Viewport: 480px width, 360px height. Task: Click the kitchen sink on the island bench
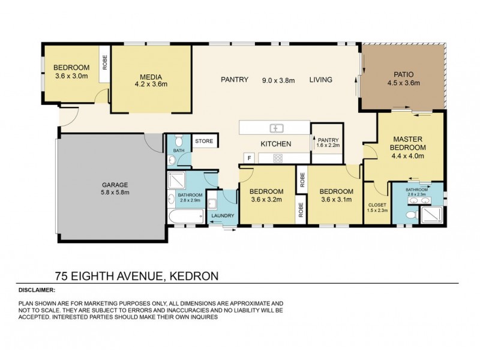pos(276,128)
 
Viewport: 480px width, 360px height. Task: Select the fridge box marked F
pos(248,158)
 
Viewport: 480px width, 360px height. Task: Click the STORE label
pos(204,141)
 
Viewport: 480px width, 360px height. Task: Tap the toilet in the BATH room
pos(171,160)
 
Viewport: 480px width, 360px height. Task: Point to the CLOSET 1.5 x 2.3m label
pos(377,207)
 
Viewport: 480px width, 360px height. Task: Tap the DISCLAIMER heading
pos(37,289)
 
